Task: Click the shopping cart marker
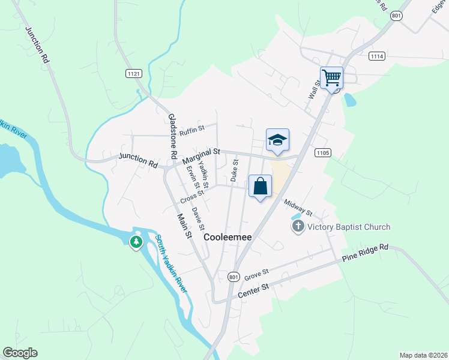tap(331, 77)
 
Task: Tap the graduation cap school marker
tap(277, 140)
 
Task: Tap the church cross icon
tap(298, 227)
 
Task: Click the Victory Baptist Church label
tap(349, 227)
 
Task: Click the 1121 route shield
tap(134, 73)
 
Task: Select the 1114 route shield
tap(377, 56)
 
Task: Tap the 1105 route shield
tap(322, 153)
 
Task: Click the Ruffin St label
tap(192, 128)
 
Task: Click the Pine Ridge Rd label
tap(366, 253)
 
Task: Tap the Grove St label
tap(256, 274)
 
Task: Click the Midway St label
tap(298, 208)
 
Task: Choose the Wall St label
tap(313, 92)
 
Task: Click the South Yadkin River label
tap(171, 264)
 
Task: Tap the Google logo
tap(20, 353)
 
